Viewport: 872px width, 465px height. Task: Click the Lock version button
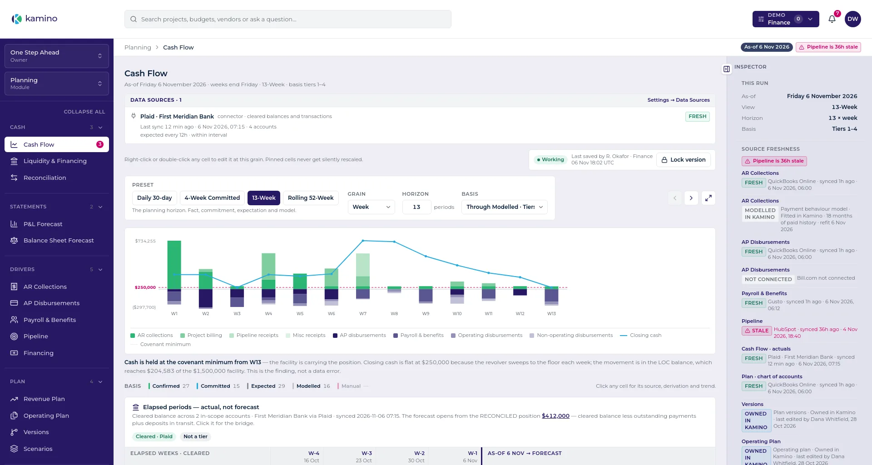tap(683, 160)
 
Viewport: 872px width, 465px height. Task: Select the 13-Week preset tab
tap(263, 198)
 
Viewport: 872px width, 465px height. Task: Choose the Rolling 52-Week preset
tap(311, 198)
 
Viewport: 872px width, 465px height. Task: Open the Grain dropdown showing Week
tap(371, 207)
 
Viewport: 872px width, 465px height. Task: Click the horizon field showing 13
tap(416, 207)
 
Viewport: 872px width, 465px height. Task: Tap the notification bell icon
tap(832, 19)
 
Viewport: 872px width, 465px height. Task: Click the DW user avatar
tap(852, 19)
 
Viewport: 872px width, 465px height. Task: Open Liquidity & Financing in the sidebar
tap(55, 161)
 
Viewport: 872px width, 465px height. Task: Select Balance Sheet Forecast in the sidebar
tap(59, 241)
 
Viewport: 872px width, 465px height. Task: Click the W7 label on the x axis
tap(363, 314)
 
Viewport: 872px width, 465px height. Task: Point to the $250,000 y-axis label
tap(145, 287)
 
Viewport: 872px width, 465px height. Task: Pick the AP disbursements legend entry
tap(359, 336)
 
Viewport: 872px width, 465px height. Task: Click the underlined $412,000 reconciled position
tap(555, 416)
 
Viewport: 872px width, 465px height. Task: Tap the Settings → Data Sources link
tap(679, 100)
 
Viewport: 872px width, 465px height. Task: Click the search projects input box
tap(288, 19)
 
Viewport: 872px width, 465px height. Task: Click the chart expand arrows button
tap(708, 198)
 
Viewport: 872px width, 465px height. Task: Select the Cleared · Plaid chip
tap(154, 437)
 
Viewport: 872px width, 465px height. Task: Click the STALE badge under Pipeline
tap(756, 331)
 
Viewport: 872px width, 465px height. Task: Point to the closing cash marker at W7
tap(363, 241)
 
